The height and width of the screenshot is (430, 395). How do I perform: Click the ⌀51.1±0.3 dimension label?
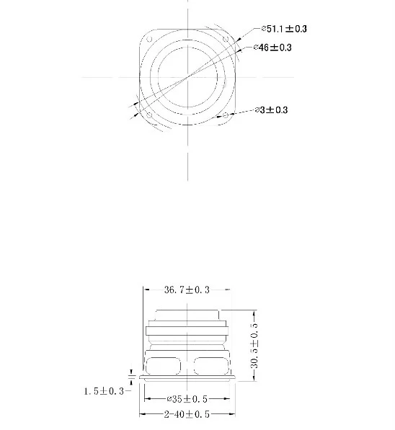point(284,29)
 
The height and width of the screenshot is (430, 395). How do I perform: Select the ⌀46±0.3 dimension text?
point(272,48)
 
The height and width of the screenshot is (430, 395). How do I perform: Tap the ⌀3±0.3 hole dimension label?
point(271,110)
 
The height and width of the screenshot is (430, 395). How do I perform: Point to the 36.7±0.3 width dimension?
point(187,290)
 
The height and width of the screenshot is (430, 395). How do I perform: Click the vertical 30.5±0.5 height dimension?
point(254,345)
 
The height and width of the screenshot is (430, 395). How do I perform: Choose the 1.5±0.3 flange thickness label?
point(104,391)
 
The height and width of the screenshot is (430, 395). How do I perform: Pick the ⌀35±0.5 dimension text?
point(187,399)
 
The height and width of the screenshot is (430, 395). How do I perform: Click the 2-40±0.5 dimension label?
point(187,414)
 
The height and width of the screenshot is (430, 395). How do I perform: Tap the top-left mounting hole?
point(149,39)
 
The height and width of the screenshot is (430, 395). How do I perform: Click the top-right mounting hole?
point(226,39)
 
